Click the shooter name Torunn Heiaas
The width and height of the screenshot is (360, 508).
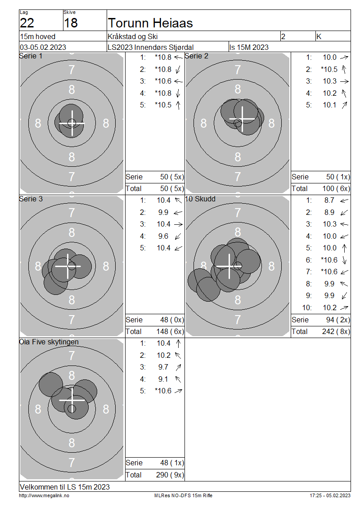pos(150,23)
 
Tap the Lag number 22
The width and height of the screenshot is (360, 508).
pos(27,23)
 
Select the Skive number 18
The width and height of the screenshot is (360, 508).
pos(71,23)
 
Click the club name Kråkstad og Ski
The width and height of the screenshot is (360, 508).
pos(133,36)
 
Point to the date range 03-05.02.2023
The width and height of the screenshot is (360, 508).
pos(43,47)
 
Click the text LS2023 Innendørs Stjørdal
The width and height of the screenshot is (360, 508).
pos(150,47)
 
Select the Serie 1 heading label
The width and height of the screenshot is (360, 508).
pos(31,56)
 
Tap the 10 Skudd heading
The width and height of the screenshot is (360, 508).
pos(200,199)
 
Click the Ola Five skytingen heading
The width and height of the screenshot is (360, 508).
pos(49,342)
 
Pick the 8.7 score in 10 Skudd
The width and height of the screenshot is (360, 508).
pos(329,200)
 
